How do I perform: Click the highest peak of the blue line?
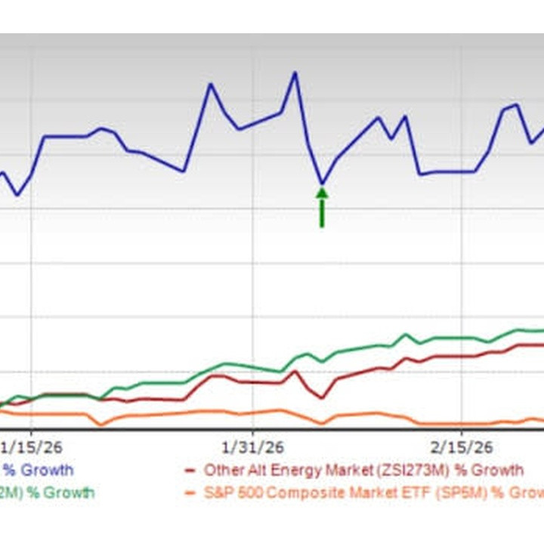tap(295, 73)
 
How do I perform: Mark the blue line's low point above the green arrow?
tap(322, 184)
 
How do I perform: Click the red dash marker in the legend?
tap(191, 470)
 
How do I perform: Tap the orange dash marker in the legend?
tap(191, 493)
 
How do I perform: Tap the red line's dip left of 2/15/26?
tap(322, 397)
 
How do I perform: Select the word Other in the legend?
tap(223, 470)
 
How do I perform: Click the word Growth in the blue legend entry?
tap(46, 470)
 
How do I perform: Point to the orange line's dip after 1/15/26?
tap(100, 425)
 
